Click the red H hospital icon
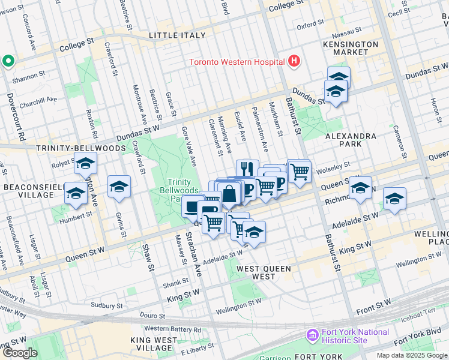tap(294, 61)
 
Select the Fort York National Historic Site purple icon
tap(312, 335)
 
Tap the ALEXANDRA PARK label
tap(352, 140)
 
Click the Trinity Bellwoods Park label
tap(178, 190)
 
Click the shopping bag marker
tap(229, 194)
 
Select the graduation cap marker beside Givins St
tap(119, 187)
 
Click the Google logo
tap(20, 353)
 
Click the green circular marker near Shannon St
tap(8, 61)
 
